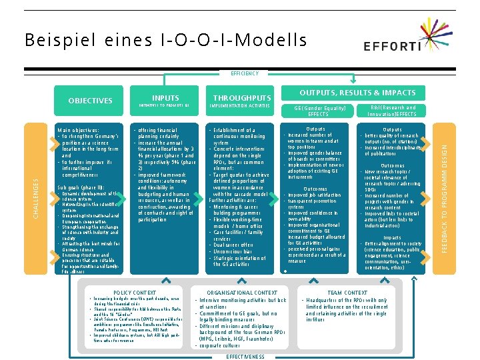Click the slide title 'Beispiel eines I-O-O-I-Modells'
pos(166,41)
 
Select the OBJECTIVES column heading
pos(90,101)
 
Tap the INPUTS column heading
pos(165,97)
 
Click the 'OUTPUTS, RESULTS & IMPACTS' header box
pos(357,93)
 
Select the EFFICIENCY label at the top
pos(240,73)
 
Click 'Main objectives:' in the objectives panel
pos(79,130)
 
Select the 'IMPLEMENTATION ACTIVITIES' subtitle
pos(240,106)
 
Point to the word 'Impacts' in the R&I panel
pos(392,237)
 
